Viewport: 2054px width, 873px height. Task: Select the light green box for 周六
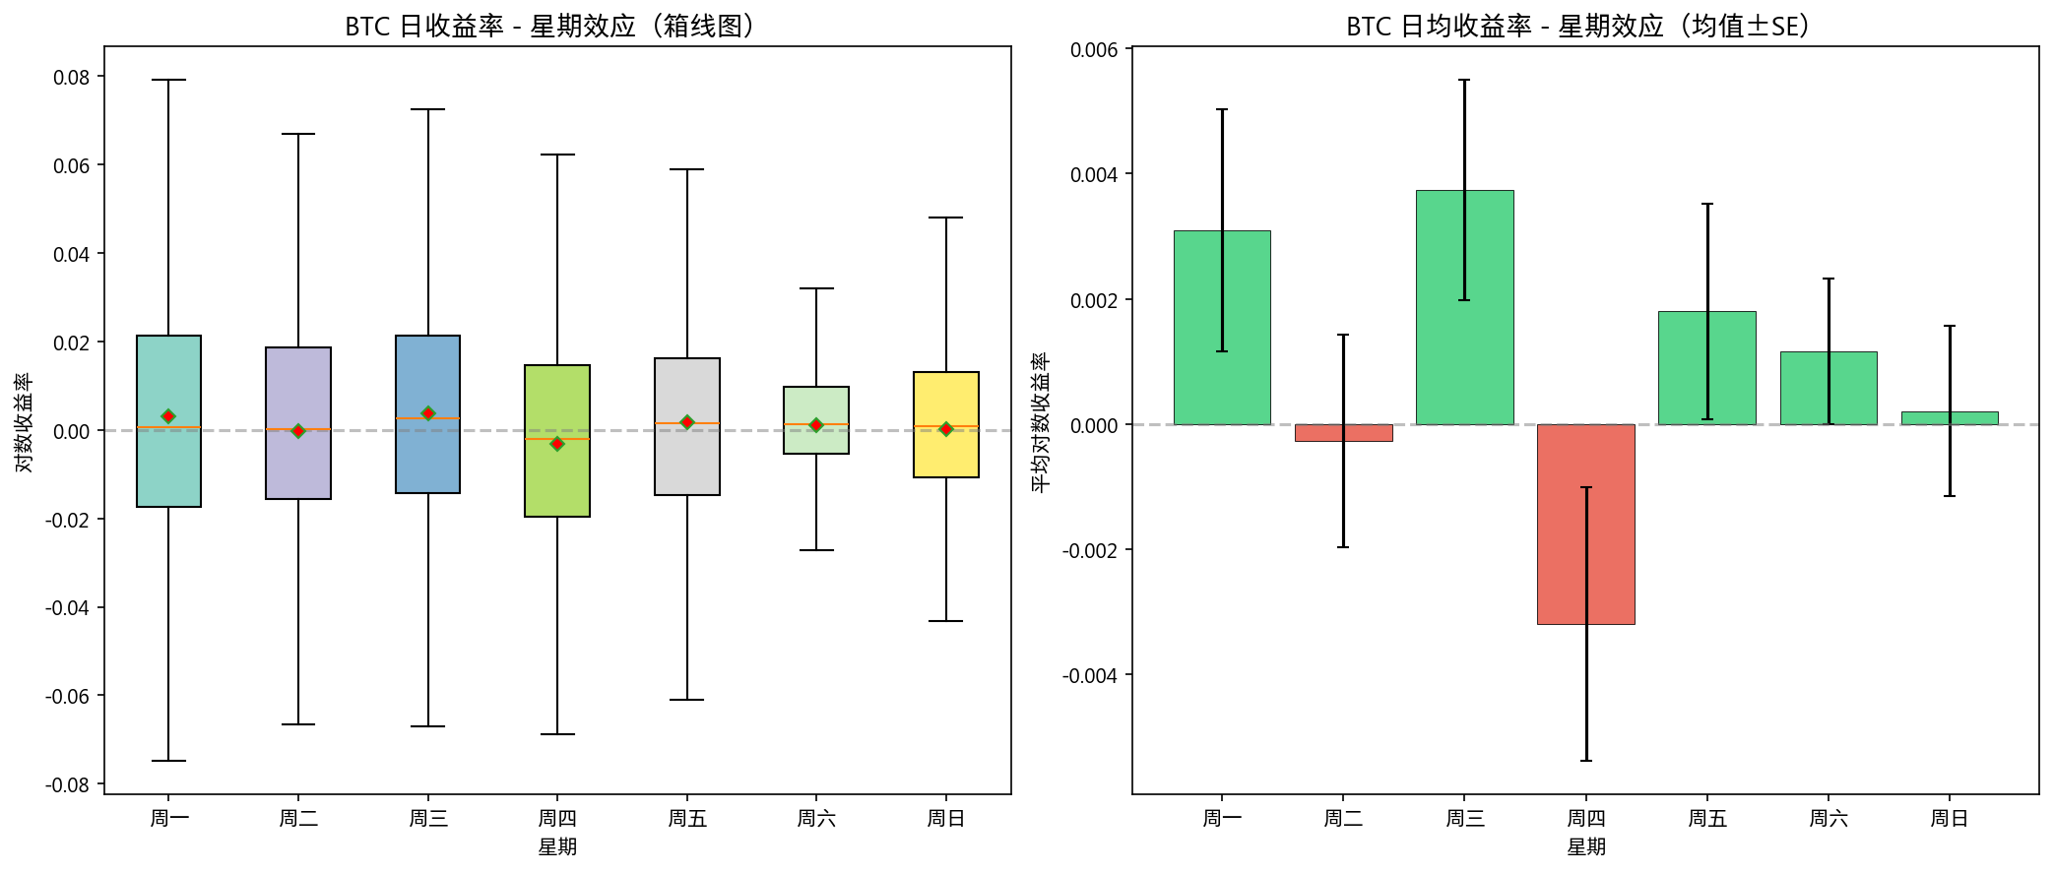[x=816, y=440]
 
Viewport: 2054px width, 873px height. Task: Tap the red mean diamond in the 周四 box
[x=557, y=444]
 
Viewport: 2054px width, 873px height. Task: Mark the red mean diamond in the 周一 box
[x=168, y=416]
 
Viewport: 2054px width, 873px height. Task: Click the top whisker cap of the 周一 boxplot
[x=168, y=80]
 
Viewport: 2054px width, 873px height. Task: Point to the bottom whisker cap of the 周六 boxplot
[x=816, y=550]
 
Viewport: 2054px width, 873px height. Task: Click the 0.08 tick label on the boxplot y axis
[x=71, y=78]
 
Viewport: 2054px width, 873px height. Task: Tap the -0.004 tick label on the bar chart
[x=1090, y=675]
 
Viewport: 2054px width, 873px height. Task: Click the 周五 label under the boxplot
[x=686, y=818]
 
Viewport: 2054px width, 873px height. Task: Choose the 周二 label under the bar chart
[x=1343, y=818]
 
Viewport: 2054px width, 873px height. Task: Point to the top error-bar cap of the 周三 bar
[x=1464, y=80]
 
